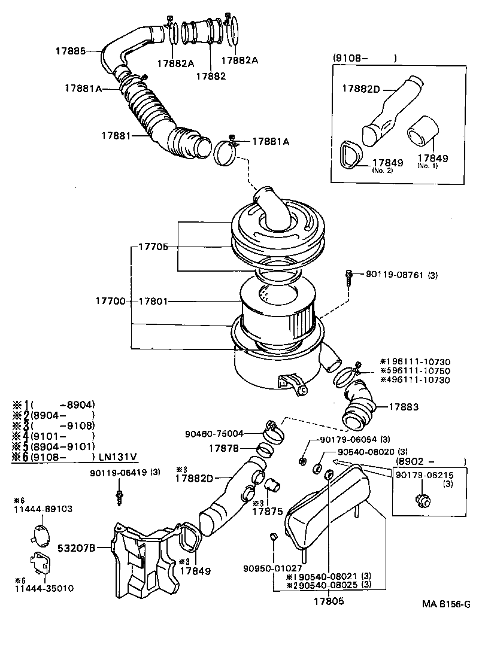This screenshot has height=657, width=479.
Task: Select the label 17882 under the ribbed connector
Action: click(210, 77)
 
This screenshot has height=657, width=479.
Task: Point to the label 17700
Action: click(110, 302)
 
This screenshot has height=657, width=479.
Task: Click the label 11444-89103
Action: click(43, 509)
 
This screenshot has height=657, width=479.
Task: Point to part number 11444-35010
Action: click(44, 588)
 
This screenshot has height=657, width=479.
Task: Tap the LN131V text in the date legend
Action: click(118, 457)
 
